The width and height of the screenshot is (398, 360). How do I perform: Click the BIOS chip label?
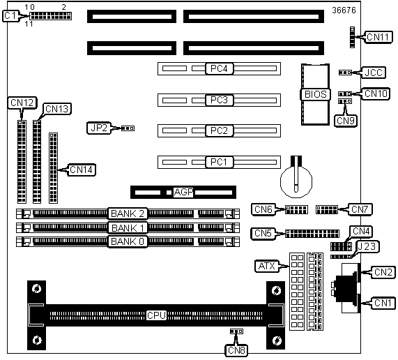coord(316,94)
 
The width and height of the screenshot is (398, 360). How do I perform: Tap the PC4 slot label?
coord(219,68)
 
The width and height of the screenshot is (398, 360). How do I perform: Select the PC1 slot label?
coord(219,162)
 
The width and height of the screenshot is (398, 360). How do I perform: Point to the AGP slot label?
coord(183,192)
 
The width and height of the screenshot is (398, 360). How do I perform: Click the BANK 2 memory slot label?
coord(128,213)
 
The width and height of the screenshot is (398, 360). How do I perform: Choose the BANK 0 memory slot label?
coord(128,241)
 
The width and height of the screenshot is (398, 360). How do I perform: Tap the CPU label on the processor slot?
coord(156,315)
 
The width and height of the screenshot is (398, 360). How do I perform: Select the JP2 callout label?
coord(99,128)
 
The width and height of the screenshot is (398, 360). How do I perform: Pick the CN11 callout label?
coord(378,37)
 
